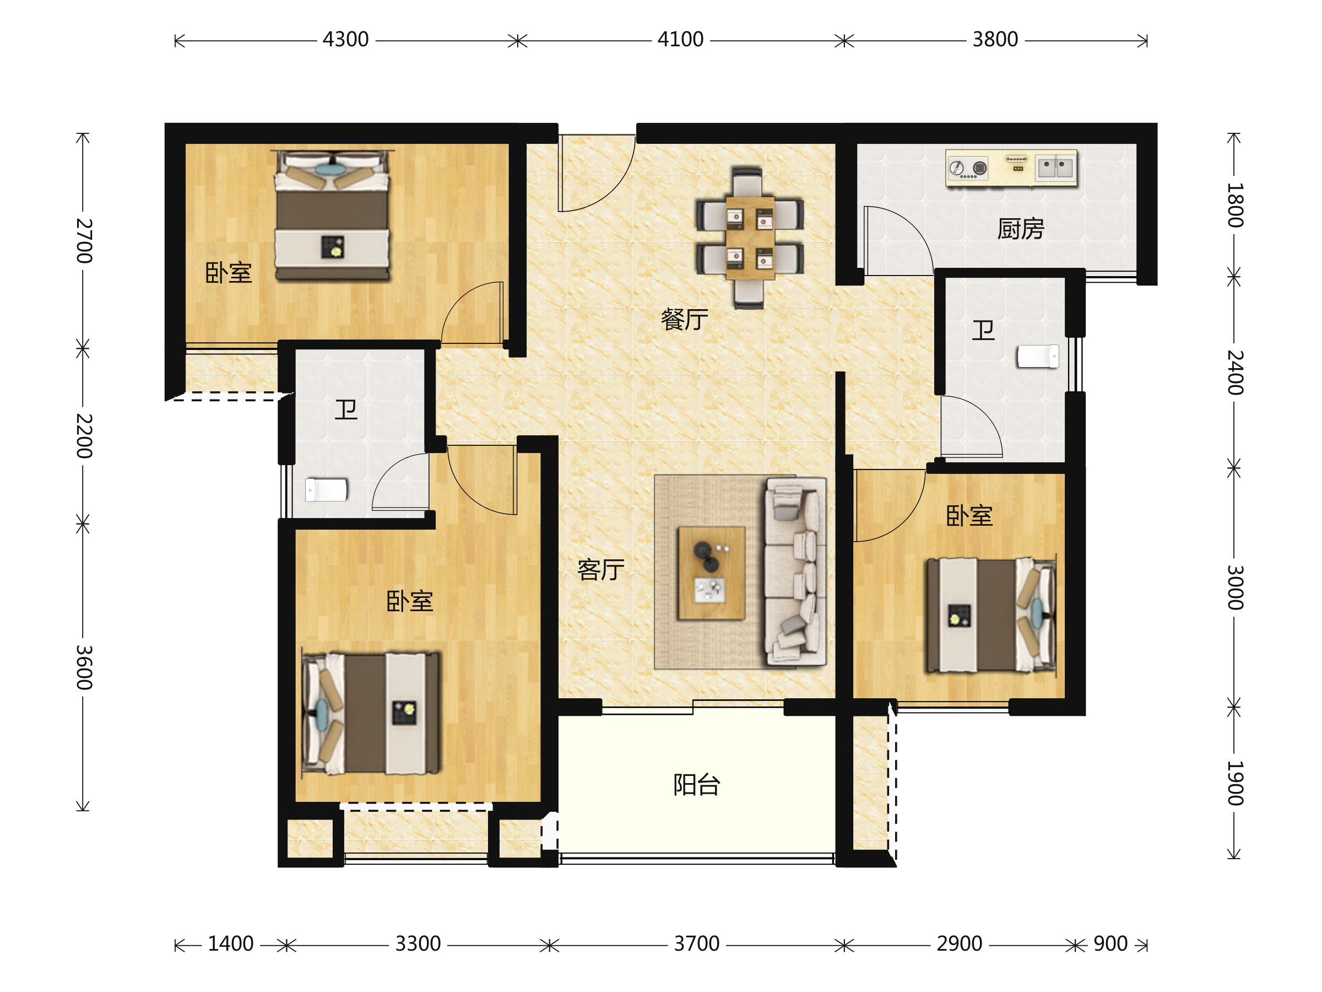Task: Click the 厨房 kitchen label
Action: click(1020, 229)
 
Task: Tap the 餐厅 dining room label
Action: click(684, 319)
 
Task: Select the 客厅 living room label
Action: click(600, 570)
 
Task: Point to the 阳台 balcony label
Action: click(696, 785)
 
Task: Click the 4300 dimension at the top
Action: click(345, 40)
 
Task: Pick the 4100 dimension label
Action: click(680, 40)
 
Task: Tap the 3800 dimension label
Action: click(995, 40)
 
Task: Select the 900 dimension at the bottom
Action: click(1110, 944)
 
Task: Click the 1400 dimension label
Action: click(231, 944)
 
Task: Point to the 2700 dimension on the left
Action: click(84, 241)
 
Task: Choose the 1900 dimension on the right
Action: click(1236, 783)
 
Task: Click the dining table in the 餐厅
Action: click(750, 238)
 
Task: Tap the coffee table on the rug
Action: click(711, 573)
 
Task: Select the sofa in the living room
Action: click(795, 572)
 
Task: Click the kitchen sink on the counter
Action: click(1055, 168)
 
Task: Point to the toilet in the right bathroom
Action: click(1038, 357)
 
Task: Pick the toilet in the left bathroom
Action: click(326, 490)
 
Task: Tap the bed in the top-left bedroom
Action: click(332, 215)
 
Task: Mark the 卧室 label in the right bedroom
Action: click(969, 515)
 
